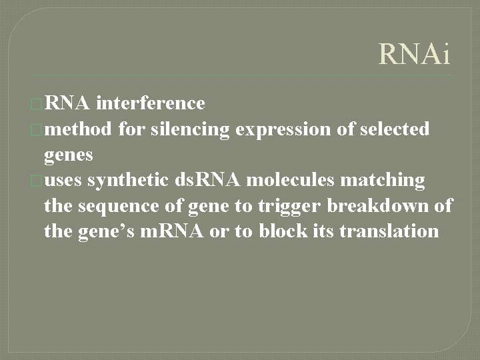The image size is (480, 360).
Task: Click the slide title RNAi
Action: [414, 54]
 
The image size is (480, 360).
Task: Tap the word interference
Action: [150, 103]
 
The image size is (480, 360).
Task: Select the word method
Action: [79, 129]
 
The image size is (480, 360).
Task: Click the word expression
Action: [282, 129]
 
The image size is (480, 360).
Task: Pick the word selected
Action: [395, 129]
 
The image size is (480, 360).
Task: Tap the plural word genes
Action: [68, 155]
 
